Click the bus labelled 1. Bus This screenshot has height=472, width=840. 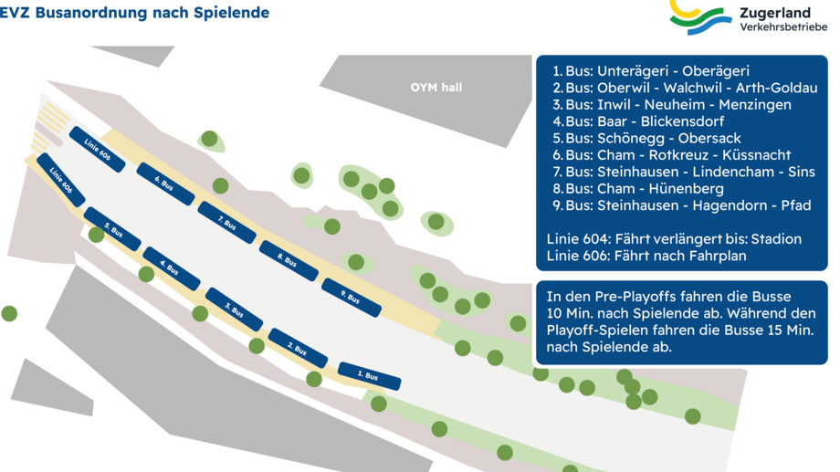click(370, 374)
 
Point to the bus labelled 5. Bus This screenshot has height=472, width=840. click(112, 229)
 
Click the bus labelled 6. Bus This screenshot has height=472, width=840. click(166, 184)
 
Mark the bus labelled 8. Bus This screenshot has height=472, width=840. click(289, 260)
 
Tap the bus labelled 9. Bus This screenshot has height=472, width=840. click(352, 298)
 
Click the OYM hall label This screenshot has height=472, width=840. click(436, 88)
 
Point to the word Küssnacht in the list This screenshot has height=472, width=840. click(755, 155)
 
